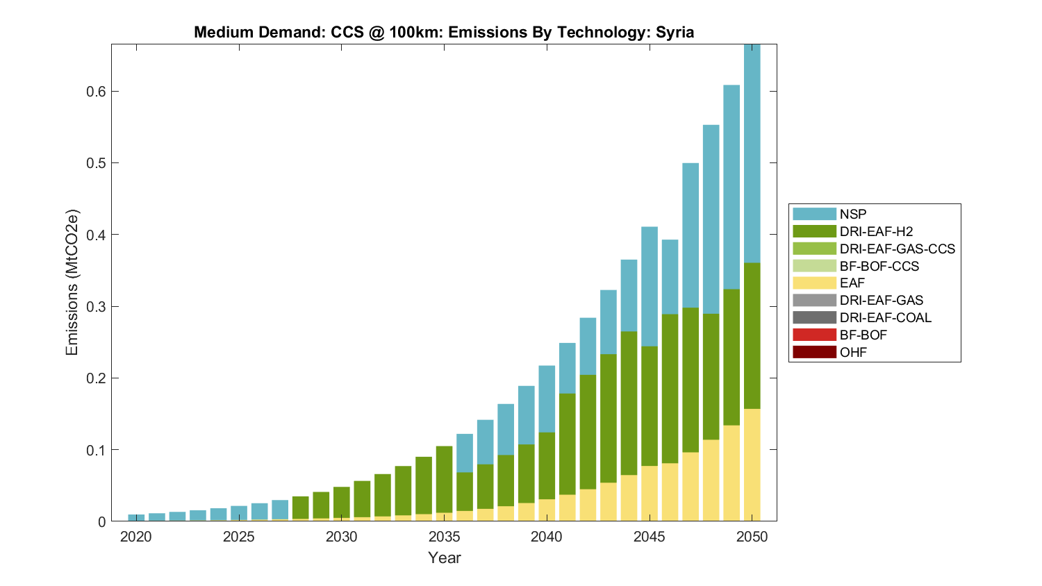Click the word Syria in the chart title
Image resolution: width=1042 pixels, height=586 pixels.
pos(675,32)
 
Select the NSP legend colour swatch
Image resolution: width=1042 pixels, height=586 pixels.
pos(814,214)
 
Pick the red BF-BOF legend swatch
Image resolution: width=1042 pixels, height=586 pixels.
pos(814,335)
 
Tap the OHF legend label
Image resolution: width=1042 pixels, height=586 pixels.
pos(853,352)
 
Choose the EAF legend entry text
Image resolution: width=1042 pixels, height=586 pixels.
pos(852,283)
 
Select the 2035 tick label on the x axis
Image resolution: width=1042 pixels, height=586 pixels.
pos(444,537)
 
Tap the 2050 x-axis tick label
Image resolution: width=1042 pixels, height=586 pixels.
pos(752,537)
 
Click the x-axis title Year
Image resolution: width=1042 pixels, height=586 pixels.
pos(444,558)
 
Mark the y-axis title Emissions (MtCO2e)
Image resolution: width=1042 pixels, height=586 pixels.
pos(72,283)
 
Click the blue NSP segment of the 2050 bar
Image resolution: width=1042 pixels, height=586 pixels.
pos(752,153)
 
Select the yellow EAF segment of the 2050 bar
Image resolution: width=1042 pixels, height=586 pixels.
pos(752,465)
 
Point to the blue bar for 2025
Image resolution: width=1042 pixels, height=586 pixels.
pos(239,514)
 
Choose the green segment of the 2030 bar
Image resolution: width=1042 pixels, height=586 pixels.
pos(342,502)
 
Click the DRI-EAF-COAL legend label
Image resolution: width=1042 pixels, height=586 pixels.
pos(885,317)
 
